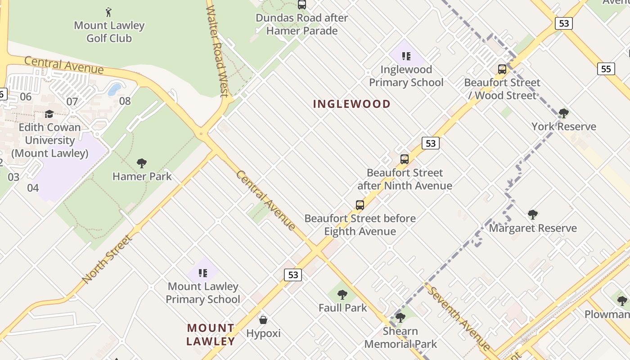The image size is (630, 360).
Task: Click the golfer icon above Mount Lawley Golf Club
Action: click(x=108, y=12)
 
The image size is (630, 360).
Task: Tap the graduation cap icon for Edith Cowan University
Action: click(x=49, y=114)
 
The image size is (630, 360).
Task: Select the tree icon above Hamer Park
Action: click(x=142, y=163)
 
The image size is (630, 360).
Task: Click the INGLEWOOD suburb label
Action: click(x=352, y=104)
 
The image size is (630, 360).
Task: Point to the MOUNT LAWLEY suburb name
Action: click(x=211, y=334)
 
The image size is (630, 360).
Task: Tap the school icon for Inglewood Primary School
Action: click(x=406, y=56)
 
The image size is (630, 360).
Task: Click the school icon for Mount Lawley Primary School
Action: click(x=202, y=273)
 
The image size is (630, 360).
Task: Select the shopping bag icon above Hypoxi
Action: click(x=263, y=320)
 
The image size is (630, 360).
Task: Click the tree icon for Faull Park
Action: click(x=342, y=295)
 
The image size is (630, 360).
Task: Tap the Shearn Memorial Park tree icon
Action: click(x=400, y=318)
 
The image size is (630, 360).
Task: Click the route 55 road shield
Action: click(x=606, y=69)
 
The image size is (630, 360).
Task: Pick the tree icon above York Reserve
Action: click(x=563, y=113)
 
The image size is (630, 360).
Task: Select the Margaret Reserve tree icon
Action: click(x=533, y=215)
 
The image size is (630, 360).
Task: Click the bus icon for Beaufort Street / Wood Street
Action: click(x=502, y=69)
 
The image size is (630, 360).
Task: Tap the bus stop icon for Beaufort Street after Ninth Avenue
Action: click(x=405, y=159)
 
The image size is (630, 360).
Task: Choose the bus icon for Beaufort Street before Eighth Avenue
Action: click(x=360, y=205)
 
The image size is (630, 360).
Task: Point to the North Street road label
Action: click(x=108, y=259)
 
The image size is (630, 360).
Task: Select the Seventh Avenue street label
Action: click(x=458, y=318)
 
